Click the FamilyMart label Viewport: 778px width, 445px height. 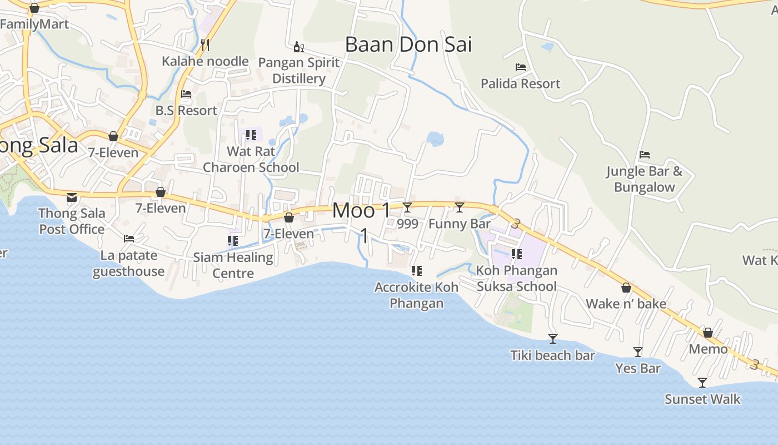tap(34, 24)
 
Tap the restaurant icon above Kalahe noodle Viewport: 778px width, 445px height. tap(205, 44)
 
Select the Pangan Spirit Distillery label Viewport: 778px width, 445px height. tap(299, 71)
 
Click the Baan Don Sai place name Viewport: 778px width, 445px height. tap(408, 44)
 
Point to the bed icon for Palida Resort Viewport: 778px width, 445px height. tap(521, 67)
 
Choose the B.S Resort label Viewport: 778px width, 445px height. tap(186, 110)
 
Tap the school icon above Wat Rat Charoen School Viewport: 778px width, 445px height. tap(251, 135)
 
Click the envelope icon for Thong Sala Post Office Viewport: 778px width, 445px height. tap(72, 197)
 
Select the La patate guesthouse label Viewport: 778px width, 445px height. tap(129, 263)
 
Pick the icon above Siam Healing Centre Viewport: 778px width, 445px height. tap(233, 241)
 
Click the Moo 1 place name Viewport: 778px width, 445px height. tap(361, 211)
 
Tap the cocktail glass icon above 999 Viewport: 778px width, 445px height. tap(407, 207)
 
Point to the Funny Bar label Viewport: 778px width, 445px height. tap(460, 224)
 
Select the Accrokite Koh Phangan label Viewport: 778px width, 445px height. tap(416, 295)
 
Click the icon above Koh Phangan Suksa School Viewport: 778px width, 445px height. tap(517, 254)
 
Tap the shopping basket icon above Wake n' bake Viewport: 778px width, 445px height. tap(626, 288)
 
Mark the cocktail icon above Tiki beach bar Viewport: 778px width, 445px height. tap(552, 339)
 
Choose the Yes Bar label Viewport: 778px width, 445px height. tap(638, 368)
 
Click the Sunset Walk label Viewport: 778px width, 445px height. tap(702, 399)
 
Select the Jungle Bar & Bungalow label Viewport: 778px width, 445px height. tap(644, 179)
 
